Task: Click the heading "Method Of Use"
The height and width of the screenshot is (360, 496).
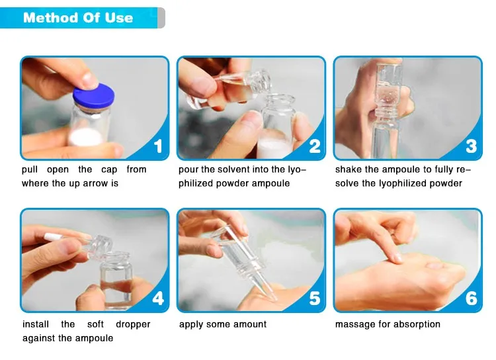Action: tap(78, 18)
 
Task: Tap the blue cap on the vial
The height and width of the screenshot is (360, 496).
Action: tap(94, 96)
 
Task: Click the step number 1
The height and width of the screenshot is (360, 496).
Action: tap(158, 146)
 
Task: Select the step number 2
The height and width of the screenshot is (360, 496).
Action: tap(315, 146)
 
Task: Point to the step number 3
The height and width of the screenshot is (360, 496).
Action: tap(472, 146)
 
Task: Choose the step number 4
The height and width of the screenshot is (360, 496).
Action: tap(158, 298)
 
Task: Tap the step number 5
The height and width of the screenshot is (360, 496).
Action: tap(315, 298)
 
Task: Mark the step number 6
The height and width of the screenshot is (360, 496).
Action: tap(472, 298)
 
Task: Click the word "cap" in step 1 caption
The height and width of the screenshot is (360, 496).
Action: tap(109, 170)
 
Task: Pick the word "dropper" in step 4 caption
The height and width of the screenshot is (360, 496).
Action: tap(133, 325)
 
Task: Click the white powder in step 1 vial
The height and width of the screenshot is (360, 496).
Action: tap(85, 137)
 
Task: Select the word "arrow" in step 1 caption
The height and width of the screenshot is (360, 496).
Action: tap(95, 184)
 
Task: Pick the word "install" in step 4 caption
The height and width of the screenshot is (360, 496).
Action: tap(36, 324)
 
